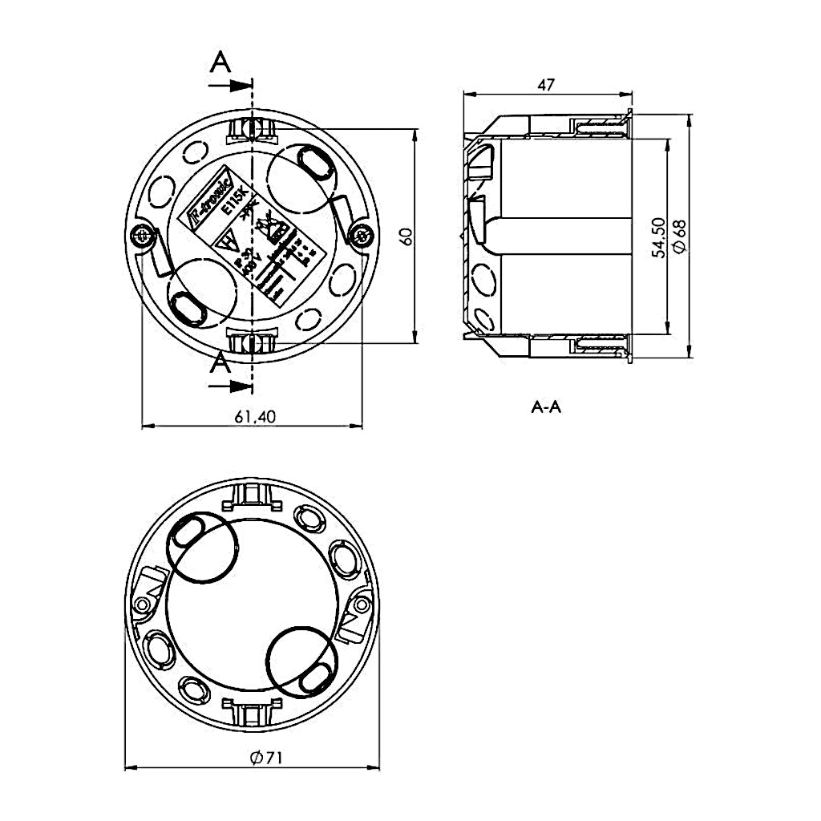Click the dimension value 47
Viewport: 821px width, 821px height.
click(548, 84)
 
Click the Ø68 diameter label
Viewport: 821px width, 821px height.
click(680, 237)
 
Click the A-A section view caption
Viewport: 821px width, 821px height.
click(546, 407)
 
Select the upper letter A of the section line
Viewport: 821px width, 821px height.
click(220, 63)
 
